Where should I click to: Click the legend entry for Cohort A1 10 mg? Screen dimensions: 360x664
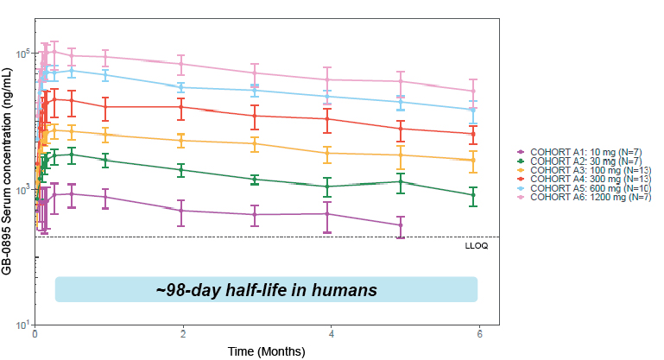click(582, 151)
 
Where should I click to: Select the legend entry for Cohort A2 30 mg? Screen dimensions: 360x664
click(582, 161)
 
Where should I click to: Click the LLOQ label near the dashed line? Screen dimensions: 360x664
click(477, 246)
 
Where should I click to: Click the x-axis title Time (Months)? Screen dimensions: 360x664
click(267, 351)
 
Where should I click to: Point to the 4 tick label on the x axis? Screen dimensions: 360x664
click(332, 333)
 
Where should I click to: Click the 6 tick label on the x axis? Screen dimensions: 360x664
click(480, 333)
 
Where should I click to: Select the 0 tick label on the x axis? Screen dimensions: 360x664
click(35, 333)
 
